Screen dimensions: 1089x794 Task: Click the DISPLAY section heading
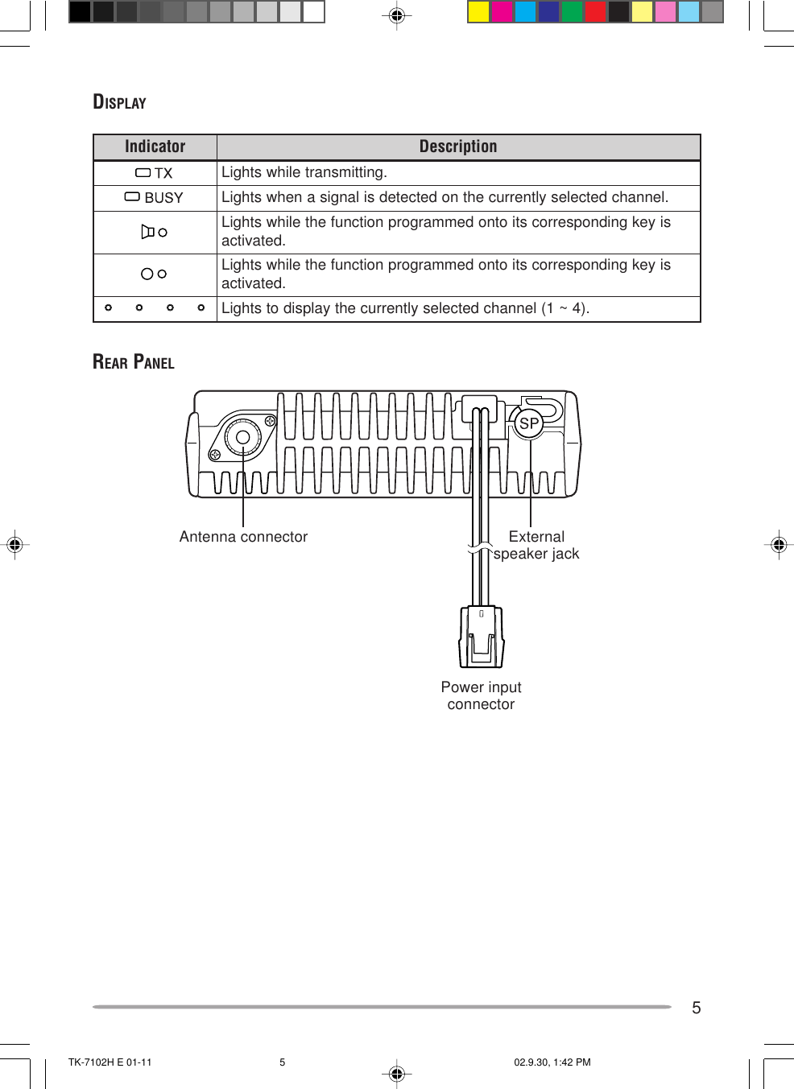click(119, 102)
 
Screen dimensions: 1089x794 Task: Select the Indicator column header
click(155, 146)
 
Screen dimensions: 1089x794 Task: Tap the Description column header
click(457, 146)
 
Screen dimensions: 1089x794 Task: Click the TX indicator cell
click(155, 173)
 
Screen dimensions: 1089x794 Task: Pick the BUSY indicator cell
click(155, 198)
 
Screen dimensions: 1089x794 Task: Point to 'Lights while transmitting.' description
click(304, 172)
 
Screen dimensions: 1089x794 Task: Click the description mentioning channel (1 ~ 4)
click(405, 308)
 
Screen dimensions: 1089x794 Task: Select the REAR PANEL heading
click(133, 362)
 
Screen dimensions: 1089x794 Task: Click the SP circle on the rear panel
click(529, 423)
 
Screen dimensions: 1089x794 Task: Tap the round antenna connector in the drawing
click(242, 438)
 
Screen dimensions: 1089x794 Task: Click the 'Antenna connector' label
click(243, 537)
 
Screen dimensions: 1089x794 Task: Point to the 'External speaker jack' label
click(536, 545)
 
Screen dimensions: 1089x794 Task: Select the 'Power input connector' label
click(481, 695)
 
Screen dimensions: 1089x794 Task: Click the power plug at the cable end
click(482, 637)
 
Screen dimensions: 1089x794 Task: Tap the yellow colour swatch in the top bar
click(478, 11)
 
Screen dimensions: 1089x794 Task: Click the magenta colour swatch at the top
click(502, 11)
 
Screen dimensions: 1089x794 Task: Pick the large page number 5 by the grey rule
click(697, 1008)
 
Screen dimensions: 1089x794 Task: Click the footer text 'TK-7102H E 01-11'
click(110, 1062)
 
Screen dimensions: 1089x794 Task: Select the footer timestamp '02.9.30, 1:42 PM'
click(552, 1062)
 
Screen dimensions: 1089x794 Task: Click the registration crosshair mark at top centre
click(396, 15)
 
